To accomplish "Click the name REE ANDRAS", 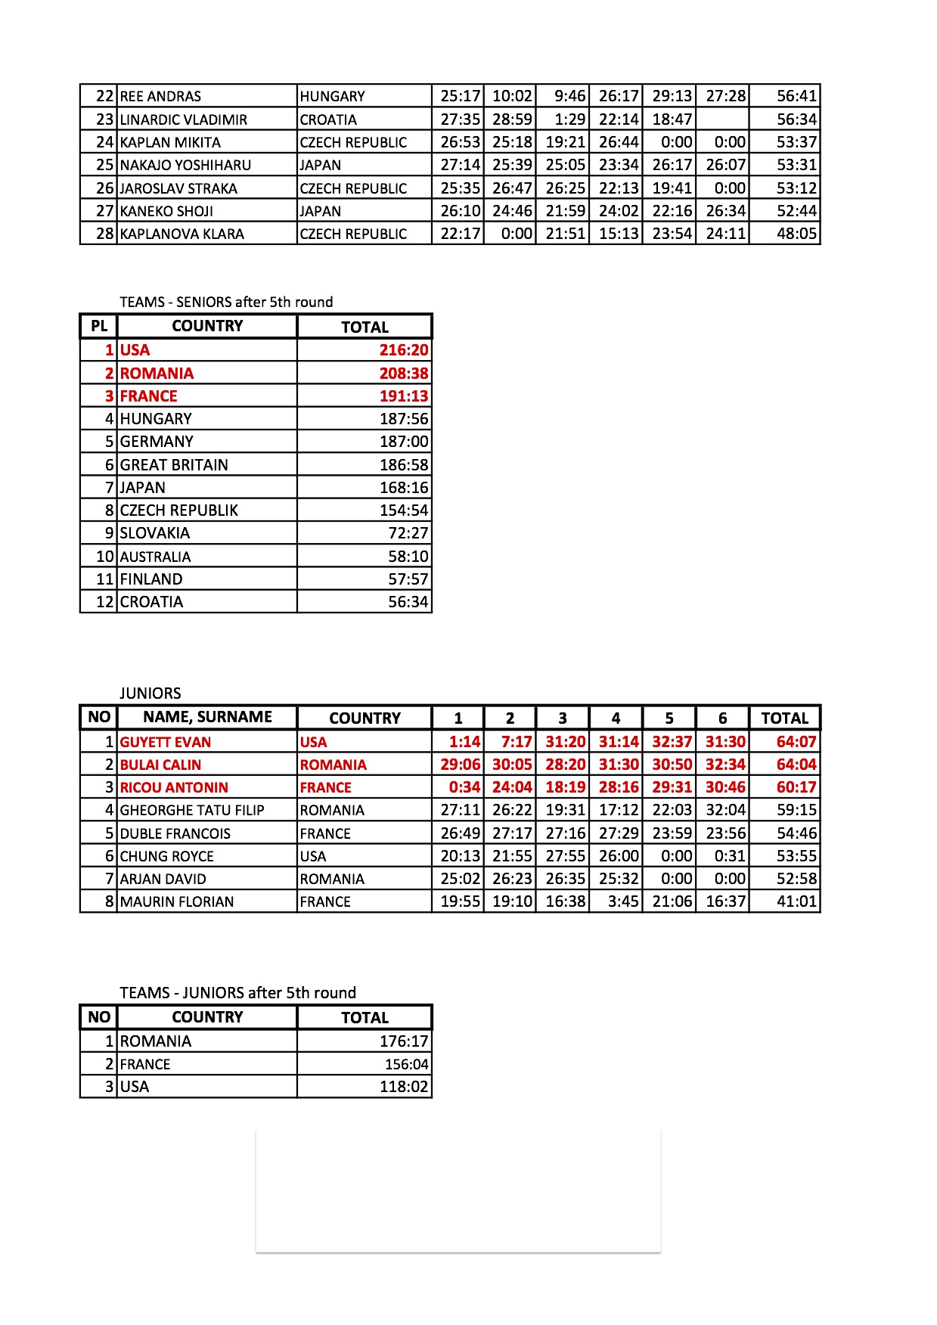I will [160, 96].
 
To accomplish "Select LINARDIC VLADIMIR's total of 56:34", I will [796, 119].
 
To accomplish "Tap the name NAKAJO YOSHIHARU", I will [185, 165].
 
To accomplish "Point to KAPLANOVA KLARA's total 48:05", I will [796, 234].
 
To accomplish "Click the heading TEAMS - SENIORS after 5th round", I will [226, 302].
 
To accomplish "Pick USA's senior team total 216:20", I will [404, 350].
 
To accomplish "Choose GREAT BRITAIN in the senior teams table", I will [174, 464].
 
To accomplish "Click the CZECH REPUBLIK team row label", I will [178, 510].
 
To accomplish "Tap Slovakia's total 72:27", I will [408, 533].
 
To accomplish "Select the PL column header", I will [99, 326].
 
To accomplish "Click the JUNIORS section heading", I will [150, 693].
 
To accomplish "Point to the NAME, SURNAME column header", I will [207, 717].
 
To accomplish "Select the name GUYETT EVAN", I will [166, 742].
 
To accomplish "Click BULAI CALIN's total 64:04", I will [796, 765].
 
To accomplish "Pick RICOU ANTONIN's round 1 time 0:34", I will [464, 787].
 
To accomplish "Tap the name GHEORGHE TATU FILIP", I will [192, 810].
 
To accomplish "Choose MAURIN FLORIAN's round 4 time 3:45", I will [623, 901].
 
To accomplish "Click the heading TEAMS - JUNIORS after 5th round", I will [237, 992].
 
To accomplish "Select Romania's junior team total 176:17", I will [404, 1041].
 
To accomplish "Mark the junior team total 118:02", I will [404, 1087].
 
